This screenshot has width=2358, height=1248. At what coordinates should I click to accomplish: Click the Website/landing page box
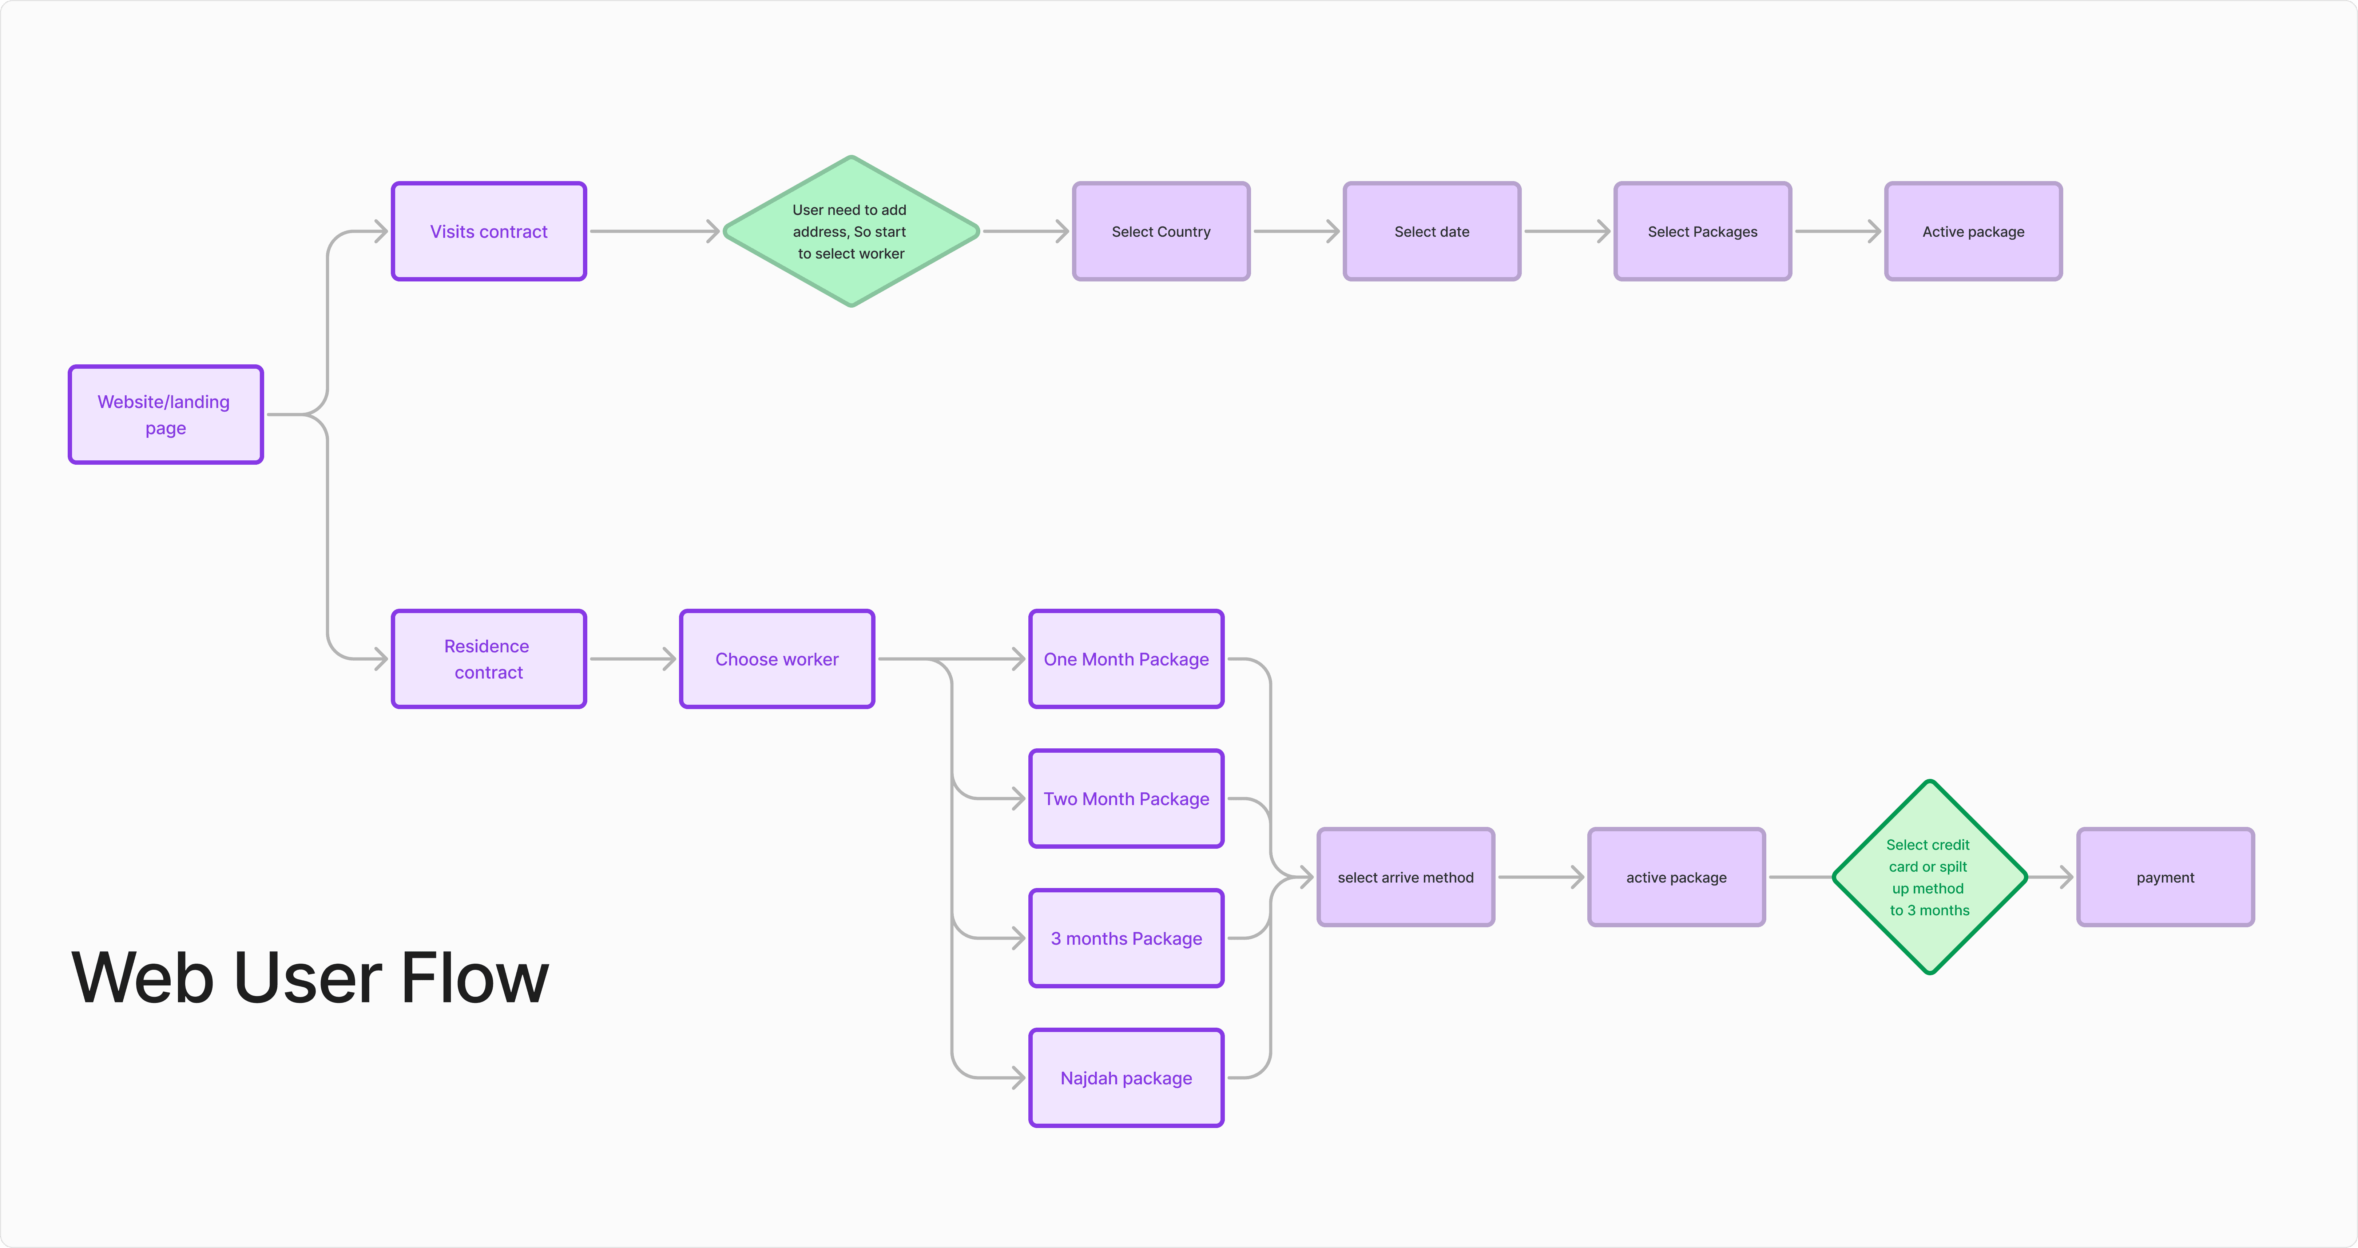tap(166, 415)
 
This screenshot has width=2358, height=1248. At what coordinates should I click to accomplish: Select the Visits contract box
tap(489, 232)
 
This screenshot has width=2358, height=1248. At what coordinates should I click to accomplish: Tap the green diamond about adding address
tap(850, 232)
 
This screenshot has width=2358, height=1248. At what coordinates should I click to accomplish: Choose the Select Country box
tap(1161, 232)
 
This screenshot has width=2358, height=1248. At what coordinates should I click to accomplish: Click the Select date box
tap(1432, 232)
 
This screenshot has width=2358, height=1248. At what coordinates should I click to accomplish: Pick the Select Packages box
tap(1703, 232)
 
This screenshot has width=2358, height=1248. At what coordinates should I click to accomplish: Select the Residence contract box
tap(489, 659)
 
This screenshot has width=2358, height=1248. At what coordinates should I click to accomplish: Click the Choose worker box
tap(777, 659)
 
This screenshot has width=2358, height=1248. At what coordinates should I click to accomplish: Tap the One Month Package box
tap(1126, 659)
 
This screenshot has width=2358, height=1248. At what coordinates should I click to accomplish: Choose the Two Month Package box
tap(1126, 799)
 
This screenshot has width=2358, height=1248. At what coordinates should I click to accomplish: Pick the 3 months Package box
tap(1126, 938)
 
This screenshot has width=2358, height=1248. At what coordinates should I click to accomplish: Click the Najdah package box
tap(1126, 1078)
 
